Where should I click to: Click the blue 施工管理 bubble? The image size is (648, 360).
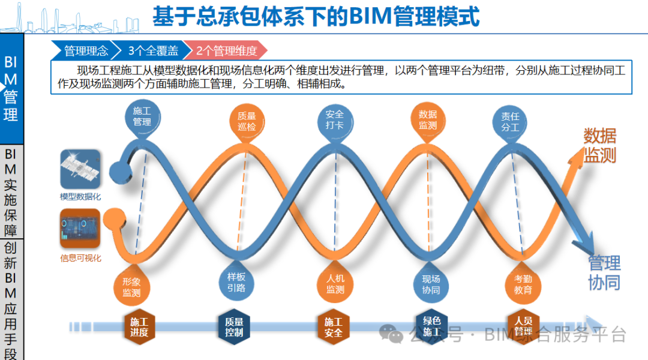(142, 116)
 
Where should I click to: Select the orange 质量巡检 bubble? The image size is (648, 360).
(246, 121)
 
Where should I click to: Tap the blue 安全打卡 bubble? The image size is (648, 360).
(334, 120)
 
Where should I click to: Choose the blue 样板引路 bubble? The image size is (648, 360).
(236, 282)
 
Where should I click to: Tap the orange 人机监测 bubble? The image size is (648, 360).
(335, 284)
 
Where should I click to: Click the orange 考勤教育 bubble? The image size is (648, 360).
(523, 284)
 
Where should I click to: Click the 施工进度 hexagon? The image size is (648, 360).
(139, 327)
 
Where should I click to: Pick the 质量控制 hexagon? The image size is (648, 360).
(234, 327)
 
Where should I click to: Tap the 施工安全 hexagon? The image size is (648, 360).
(333, 327)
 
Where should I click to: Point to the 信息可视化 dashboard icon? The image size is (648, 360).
(80, 229)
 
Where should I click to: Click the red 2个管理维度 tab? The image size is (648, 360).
(227, 51)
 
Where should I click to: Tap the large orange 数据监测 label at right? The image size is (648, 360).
(599, 145)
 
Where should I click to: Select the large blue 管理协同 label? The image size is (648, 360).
(604, 272)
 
